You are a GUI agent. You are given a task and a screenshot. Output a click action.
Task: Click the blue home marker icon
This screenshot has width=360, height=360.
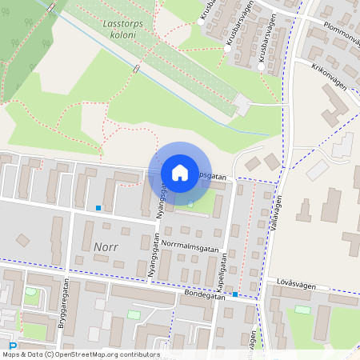[x=180, y=172]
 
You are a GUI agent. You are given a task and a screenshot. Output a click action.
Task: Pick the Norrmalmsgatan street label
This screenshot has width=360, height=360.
[x=188, y=240]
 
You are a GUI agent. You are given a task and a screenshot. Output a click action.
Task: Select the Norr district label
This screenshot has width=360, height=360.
[x=105, y=246]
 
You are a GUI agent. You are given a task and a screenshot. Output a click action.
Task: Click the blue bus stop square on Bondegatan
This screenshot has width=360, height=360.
[x=235, y=294]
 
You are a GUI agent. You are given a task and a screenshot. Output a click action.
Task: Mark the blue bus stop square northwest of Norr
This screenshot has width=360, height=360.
[x=98, y=208]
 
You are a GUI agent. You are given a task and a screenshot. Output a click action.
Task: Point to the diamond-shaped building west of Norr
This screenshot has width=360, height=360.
[x=23, y=240]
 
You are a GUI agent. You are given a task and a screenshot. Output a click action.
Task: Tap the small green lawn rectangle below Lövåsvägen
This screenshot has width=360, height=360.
[x=302, y=310]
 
